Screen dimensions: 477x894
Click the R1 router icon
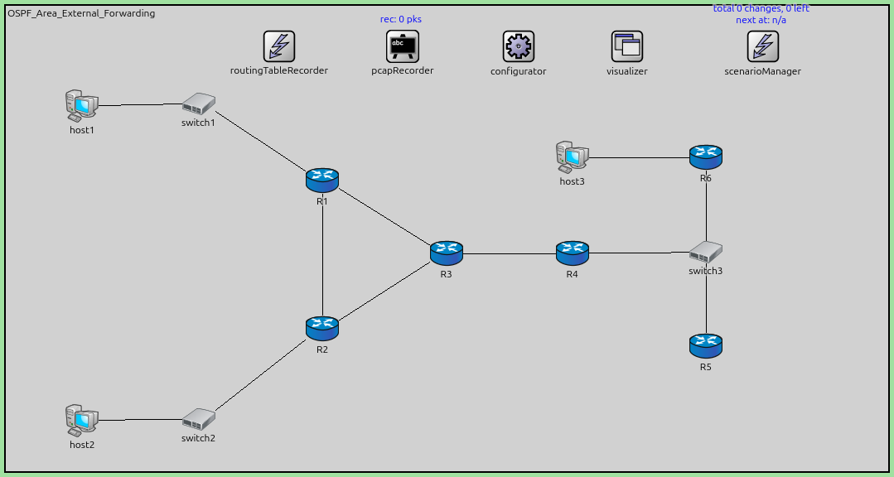tap(322, 179)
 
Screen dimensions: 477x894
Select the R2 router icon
tap(322, 328)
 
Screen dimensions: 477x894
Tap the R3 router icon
tap(447, 253)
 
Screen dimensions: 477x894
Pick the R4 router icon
tap(572, 253)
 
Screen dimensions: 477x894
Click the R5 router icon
tap(706, 345)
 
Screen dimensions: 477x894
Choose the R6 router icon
tap(706, 157)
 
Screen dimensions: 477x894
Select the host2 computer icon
tap(81, 421)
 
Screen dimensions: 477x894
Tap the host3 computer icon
tap(572, 157)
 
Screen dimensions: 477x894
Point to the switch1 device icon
tap(199, 104)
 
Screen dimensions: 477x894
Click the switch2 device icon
tap(199, 419)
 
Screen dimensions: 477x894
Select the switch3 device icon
tap(706, 252)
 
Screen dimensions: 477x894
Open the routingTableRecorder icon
tap(279, 46)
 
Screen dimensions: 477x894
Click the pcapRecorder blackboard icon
tap(403, 46)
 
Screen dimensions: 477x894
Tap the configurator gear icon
tap(519, 46)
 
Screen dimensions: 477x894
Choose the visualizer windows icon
tap(627, 46)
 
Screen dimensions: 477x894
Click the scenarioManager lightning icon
tap(762, 46)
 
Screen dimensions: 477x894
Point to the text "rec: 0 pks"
tap(401, 19)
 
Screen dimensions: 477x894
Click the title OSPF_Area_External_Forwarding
tap(81, 13)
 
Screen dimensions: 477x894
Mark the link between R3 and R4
tap(509, 253)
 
